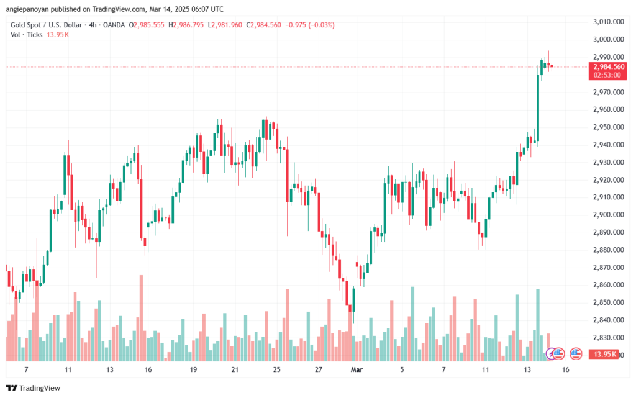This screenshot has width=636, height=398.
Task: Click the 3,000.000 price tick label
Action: click(x=609, y=39)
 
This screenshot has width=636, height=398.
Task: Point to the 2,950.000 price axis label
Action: click(x=609, y=127)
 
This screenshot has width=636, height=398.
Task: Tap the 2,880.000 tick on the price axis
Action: click(x=609, y=250)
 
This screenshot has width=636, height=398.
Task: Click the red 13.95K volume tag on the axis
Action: click(x=605, y=355)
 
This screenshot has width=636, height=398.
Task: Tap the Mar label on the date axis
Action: click(x=357, y=369)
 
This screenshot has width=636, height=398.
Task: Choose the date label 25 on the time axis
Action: click(x=276, y=369)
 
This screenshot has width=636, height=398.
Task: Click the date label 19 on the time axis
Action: click(x=193, y=369)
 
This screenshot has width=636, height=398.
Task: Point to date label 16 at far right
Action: click(x=565, y=369)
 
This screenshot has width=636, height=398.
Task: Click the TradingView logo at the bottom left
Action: click(x=34, y=388)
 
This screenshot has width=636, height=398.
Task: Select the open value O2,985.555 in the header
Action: click(x=147, y=25)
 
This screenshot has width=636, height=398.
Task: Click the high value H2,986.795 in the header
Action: click(x=186, y=25)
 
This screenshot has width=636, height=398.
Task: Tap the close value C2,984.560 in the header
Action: click(x=263, y=25)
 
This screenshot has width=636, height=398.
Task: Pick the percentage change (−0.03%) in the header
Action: click(x=321, y=25)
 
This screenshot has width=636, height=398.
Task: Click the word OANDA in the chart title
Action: click(x=114, y=25)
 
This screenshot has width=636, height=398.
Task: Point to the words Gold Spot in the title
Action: click(x=25, y=25)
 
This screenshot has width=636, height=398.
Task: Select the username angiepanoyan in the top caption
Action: click(x=29, y=9)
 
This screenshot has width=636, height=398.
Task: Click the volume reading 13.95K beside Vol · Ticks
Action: click(x=58, y=35)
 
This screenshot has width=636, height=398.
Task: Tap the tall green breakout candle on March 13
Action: click(x=538, y=108)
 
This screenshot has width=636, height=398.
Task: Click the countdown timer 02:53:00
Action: click(x=607, y=75)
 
